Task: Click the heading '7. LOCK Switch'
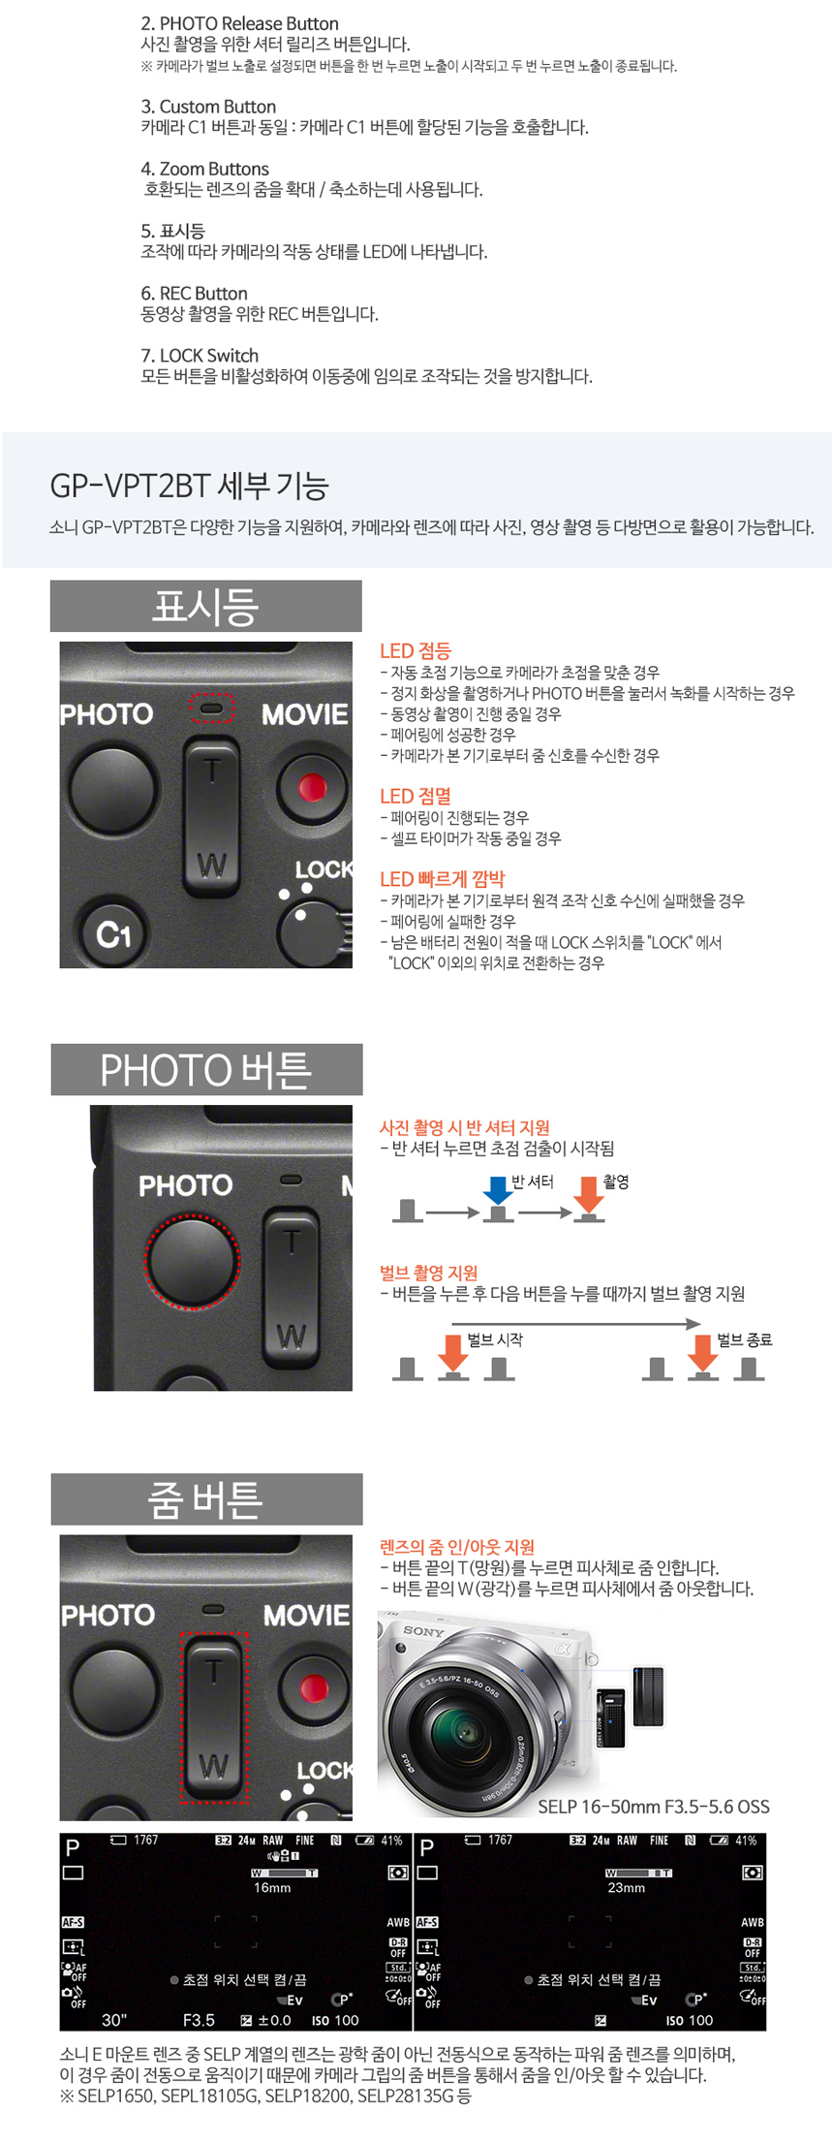click(200, 356)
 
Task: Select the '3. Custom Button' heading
click(208, 107)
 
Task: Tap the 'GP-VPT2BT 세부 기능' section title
click(190, 485)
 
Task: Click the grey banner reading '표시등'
click(206, 607)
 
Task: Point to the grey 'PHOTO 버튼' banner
click(206, 1070)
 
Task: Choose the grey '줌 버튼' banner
click(206, 1499)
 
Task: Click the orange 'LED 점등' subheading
click(416, 651)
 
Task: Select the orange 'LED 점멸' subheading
click(416, 796)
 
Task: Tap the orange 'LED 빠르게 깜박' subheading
click(443, 879)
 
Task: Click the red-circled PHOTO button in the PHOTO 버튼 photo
click(192, 1262)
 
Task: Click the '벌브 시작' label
click(495, 1339)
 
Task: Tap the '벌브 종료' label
click(745, 1339)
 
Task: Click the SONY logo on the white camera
click(423, 1631)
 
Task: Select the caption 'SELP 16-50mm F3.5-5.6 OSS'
click(654, 1807)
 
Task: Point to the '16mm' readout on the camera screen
click(272, 1888)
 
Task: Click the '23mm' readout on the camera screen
click(627, 1888)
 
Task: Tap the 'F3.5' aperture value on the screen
click(199, 2020)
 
